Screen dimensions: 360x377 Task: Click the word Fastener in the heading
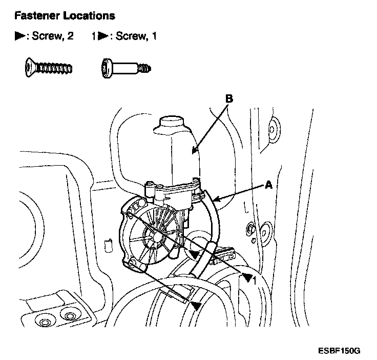point(36,16)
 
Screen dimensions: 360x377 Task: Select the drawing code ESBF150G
point(339,351)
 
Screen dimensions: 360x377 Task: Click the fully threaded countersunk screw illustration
point(47,67)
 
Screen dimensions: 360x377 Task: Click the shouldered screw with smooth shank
point(126,67)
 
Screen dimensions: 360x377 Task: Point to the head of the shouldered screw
point(106,67)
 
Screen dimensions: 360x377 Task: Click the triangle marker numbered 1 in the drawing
point(249,278)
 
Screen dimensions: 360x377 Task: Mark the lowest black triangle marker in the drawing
point(196,306)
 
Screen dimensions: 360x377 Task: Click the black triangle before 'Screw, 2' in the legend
point(19,36)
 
